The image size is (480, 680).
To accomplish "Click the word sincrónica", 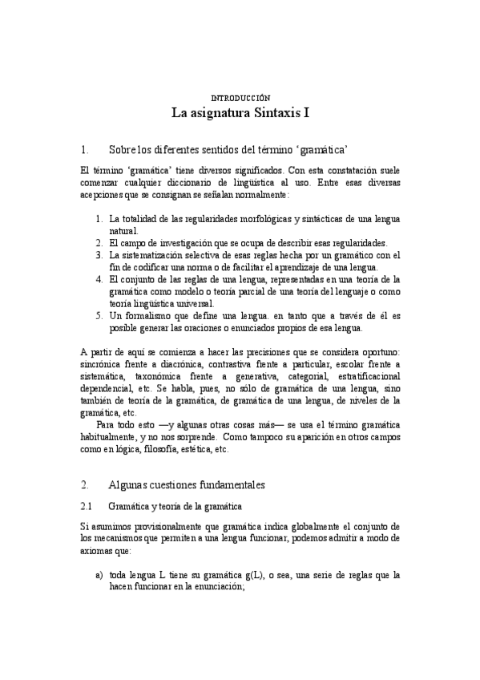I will tap(105, 365).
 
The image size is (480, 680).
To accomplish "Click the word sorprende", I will tap(192, 438).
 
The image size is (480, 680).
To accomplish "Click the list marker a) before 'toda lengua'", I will tap(99, 575).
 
